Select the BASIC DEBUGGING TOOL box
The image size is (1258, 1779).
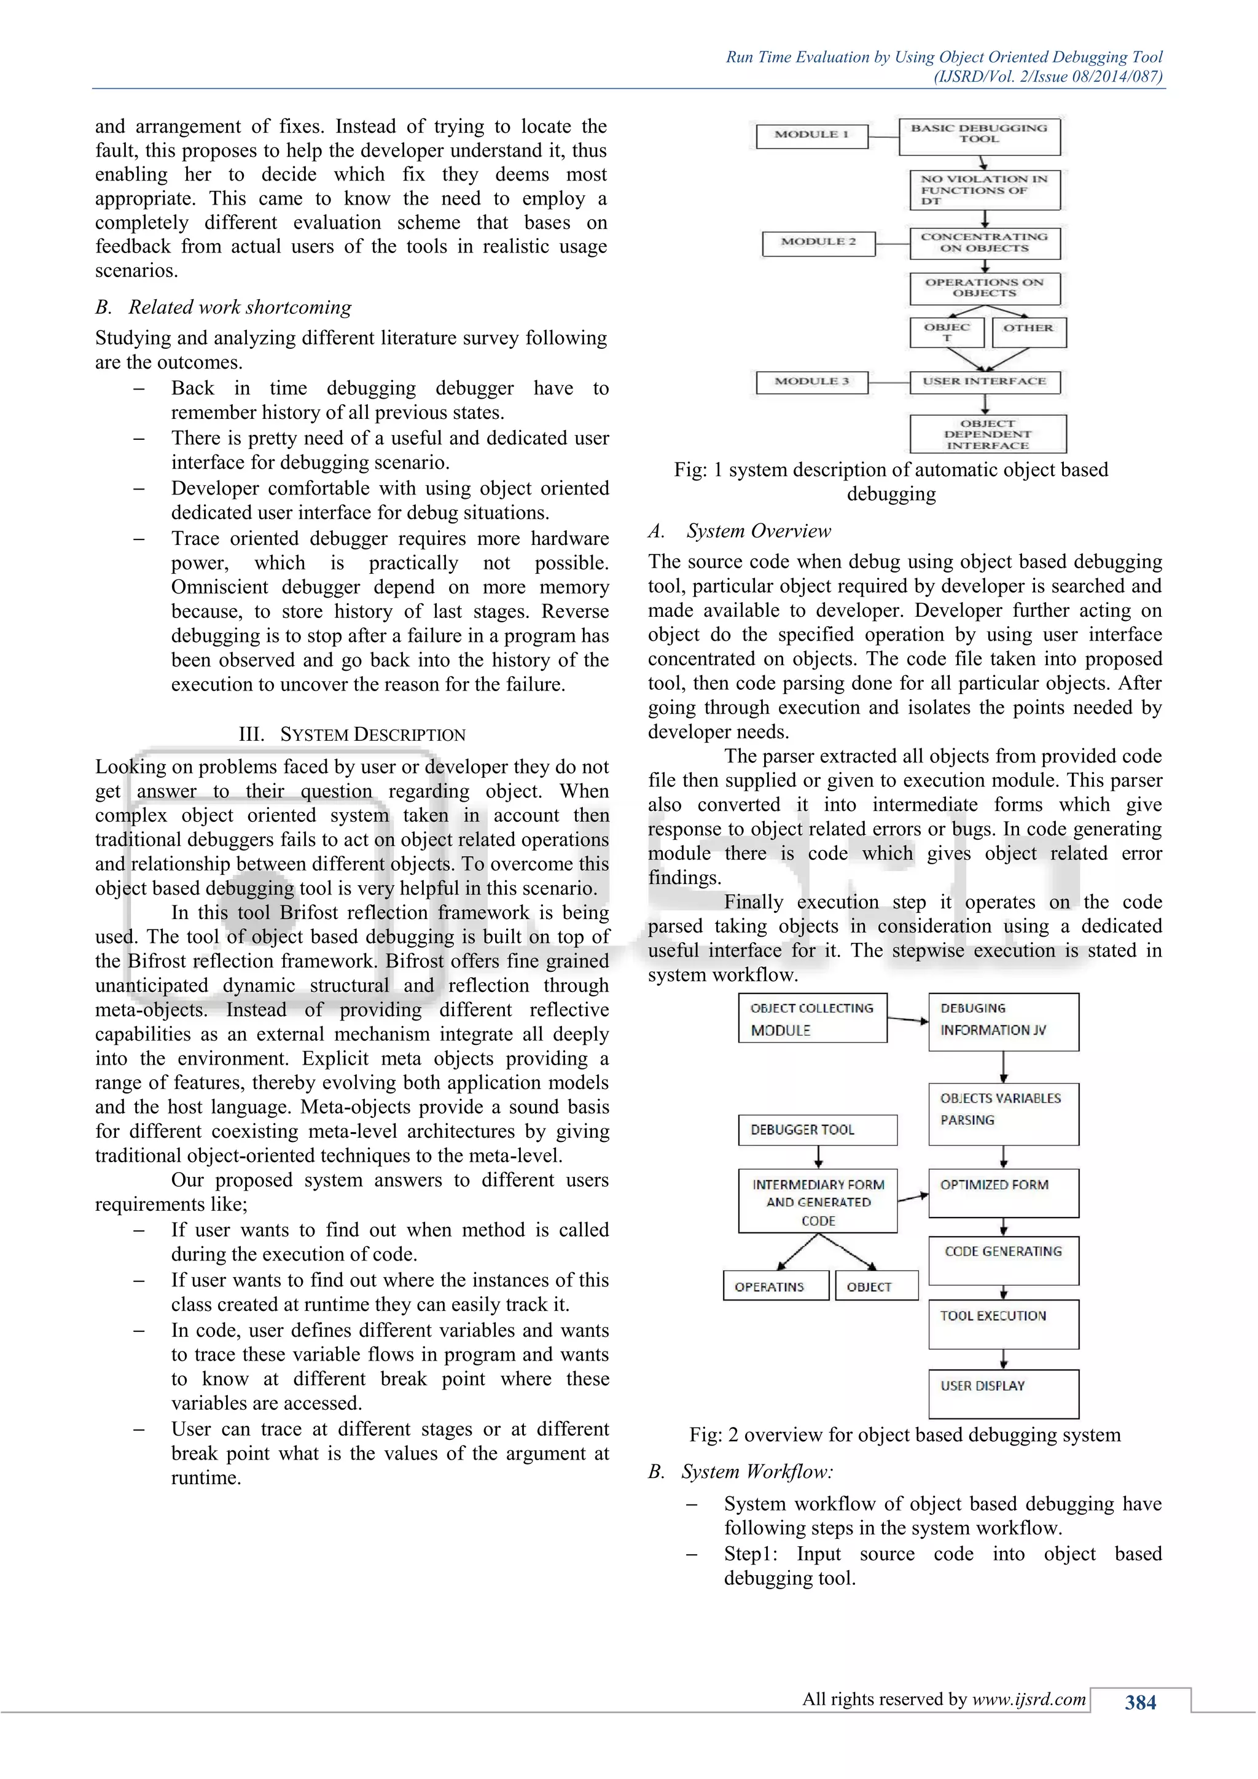(979, 136)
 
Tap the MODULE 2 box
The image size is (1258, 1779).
(818, 243)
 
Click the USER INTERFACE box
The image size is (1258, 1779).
(984, 382)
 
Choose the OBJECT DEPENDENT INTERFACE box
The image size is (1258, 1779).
(988, 434)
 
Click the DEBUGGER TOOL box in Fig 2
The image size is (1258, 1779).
(817, 1130)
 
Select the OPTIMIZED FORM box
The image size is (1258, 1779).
(1003, 1193)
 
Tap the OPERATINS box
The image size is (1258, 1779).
(775, 1286)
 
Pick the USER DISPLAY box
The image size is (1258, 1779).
(1003, 1394)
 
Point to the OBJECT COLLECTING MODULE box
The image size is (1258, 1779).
(812, 1018)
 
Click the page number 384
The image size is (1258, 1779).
(1140, 1703)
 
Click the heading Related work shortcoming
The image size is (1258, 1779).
(240, 308)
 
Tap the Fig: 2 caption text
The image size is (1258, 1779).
(905, 1435)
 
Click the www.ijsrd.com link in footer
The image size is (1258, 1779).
(1029, 1699)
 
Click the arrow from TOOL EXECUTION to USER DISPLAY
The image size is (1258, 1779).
(1003, 1359)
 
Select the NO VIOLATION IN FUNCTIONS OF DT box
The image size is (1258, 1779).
(984, 190)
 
